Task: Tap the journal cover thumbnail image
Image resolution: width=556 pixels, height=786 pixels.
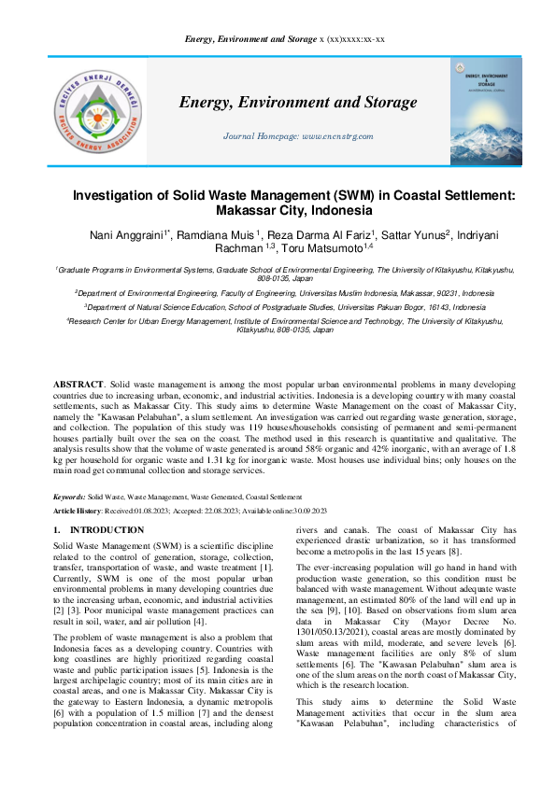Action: pos(486,112)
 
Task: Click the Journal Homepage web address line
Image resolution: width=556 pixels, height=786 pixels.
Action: pos(298,136)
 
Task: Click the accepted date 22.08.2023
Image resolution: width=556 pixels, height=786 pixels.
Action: pos(217,512)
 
